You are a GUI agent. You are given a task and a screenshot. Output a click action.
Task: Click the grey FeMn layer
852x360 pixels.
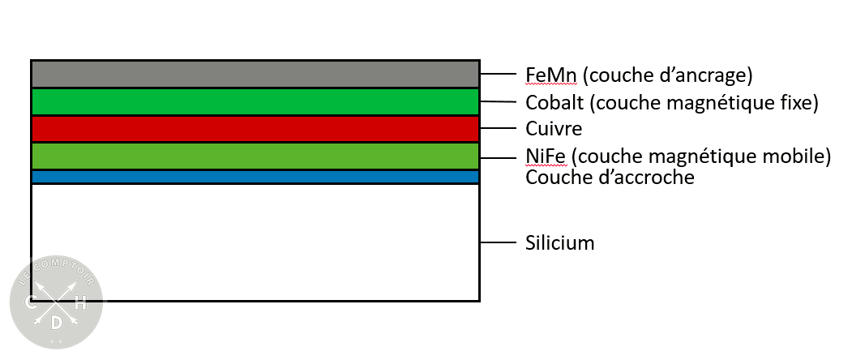point(255,74)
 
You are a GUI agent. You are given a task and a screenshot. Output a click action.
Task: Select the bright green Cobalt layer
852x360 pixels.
point(255,101)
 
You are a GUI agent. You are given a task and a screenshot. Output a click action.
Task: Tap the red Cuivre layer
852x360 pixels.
point(255,129)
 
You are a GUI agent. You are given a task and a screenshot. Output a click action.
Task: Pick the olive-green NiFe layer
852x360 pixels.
point(255,156)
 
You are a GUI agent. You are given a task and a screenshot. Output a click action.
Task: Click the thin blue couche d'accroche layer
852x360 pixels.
point(255,177)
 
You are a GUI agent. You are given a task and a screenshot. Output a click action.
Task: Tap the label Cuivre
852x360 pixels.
point(554,129)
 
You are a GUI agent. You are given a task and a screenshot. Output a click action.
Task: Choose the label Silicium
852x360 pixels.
point(560,242)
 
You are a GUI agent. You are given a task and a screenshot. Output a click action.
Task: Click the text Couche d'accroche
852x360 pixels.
point(610,177)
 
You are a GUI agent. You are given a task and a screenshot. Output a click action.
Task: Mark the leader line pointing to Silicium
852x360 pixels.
point(498,242)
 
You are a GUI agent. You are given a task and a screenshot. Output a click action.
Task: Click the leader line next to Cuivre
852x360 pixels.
point(498,129)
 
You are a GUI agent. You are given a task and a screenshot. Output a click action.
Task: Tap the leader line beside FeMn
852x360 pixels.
point(498,75)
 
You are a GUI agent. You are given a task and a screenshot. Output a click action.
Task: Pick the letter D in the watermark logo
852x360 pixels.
point(56,324)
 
